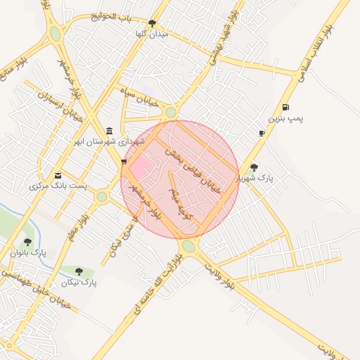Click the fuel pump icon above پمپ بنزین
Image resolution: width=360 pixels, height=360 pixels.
click(x=285, y=108)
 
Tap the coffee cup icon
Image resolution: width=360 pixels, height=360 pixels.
click(x=262, y=133)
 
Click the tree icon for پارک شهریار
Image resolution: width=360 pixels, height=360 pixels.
click(x=254, y=167)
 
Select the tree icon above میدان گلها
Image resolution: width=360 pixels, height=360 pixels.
click(x=153, y=23)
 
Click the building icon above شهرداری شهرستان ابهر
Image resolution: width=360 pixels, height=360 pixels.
click(x=109, y=131)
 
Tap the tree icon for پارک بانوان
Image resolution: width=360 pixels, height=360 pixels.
click(x=27, y=241)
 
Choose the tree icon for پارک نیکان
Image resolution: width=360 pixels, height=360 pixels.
click(x=78, y=271)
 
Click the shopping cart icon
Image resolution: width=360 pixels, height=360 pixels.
click(x=124, y=161)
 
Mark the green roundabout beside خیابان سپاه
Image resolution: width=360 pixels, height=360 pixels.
click(x=170, y=112)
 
